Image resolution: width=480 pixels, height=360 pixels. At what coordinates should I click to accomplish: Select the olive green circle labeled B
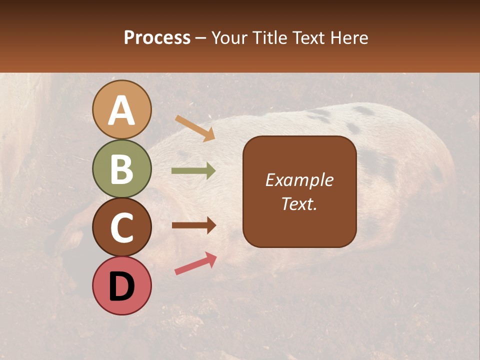pyautogui.click(x=121, y=168)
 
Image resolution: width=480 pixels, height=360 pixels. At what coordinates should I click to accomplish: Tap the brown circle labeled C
pyautogui.click(x=121, y=227)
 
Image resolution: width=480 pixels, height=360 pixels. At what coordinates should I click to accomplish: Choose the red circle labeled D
pyautogui.click(x=121, y=285)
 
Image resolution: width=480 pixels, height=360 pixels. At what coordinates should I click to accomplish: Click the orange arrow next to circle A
pyautogui.click(x=195, y=128)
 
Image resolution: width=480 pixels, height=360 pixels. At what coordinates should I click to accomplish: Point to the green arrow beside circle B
pyautogui.click(x=193, y=171)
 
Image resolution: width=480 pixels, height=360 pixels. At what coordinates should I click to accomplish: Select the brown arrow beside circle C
pyautogui.click(x=193, y=225)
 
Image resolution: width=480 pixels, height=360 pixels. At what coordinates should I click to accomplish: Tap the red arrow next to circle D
pyautogui.click(x=195, y=263)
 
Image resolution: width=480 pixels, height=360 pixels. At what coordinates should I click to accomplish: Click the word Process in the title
pyautogui.click(x=157, y=37)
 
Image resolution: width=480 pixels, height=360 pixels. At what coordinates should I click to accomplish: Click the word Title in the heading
pyautogui.click(x=266, y=37)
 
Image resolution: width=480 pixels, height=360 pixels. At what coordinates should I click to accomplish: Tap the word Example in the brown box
pyautogui.click(x=299, y=180)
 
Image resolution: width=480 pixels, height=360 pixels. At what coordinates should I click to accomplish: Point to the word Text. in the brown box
pyautogui.click(x=299, y=203)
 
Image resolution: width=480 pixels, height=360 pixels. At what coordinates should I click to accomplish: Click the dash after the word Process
pyautogui.click(x=201, y=38)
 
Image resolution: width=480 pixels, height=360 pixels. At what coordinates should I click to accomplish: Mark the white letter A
pyautogui.click(x=121, y=111)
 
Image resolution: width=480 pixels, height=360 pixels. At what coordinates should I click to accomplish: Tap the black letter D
pyautogui.click(x=121, y=286)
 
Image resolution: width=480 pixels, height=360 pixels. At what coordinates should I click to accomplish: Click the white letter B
pyautogui.click(x=121, y=169)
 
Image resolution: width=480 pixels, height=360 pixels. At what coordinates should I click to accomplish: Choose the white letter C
pyautogui.click(x=121, y=227)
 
